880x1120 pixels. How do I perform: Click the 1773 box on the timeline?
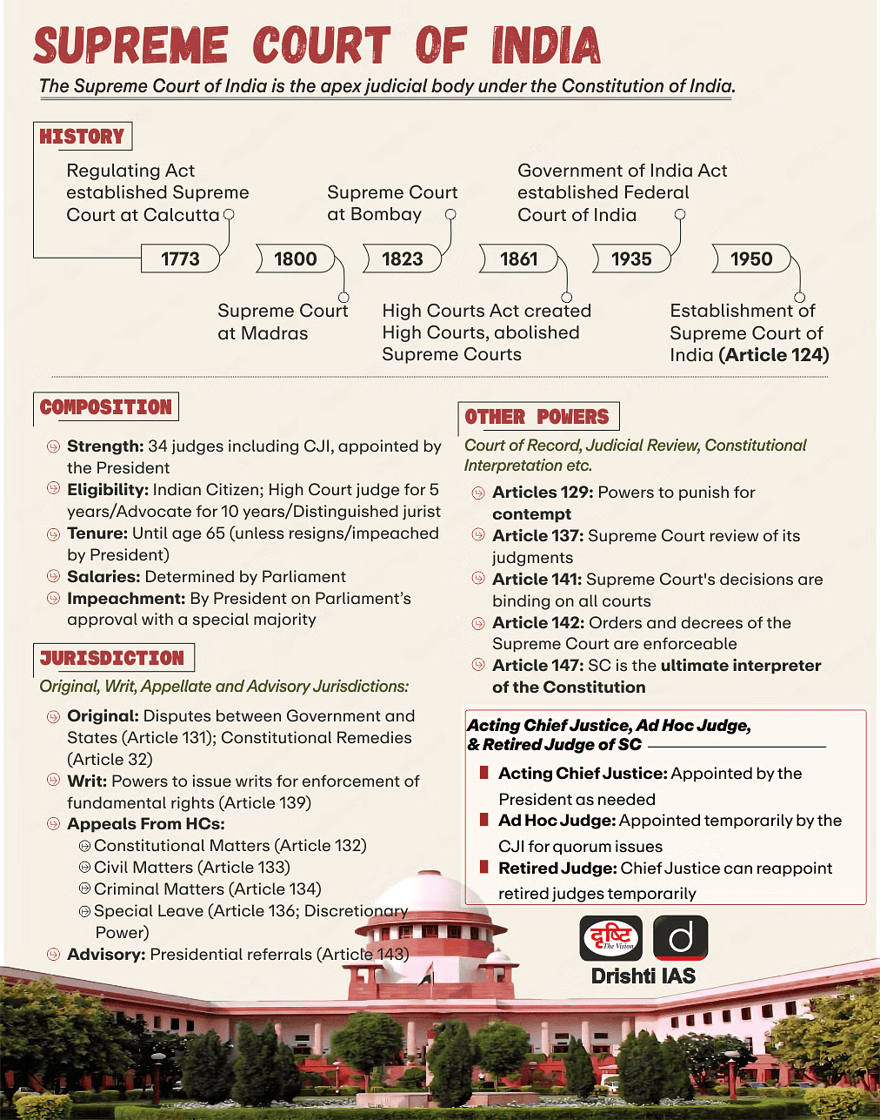(x=180, y=258)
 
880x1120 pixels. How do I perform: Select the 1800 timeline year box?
(x=296, y=258)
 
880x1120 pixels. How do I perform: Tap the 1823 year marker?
(x=402, y=258)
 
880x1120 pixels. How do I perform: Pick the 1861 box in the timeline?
(x=518, y=258)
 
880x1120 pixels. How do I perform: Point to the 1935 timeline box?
(x=631, y=258)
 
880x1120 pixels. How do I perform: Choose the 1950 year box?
(x=751, y=258)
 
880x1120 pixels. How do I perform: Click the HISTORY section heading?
(x=83, y=137)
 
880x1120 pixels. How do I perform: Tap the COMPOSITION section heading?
(x=106, y=407)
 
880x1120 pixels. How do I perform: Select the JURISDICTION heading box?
(x=112, y=658)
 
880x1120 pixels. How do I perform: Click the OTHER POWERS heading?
(x=537, y=417)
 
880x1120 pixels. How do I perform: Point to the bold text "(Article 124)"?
(x=774, y=355)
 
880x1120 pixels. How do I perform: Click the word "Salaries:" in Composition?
(x=103, y=577)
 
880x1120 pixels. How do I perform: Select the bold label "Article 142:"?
(x=538, y=623)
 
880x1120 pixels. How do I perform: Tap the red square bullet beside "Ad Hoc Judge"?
(x=483, y=820)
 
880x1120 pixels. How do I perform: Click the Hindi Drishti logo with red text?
(x=611, y=938)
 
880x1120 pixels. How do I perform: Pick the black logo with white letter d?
(x=680, y=938)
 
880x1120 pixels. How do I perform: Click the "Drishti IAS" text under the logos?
(x=643, y=976)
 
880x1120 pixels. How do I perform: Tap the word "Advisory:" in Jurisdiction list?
(x=106, y=955)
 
